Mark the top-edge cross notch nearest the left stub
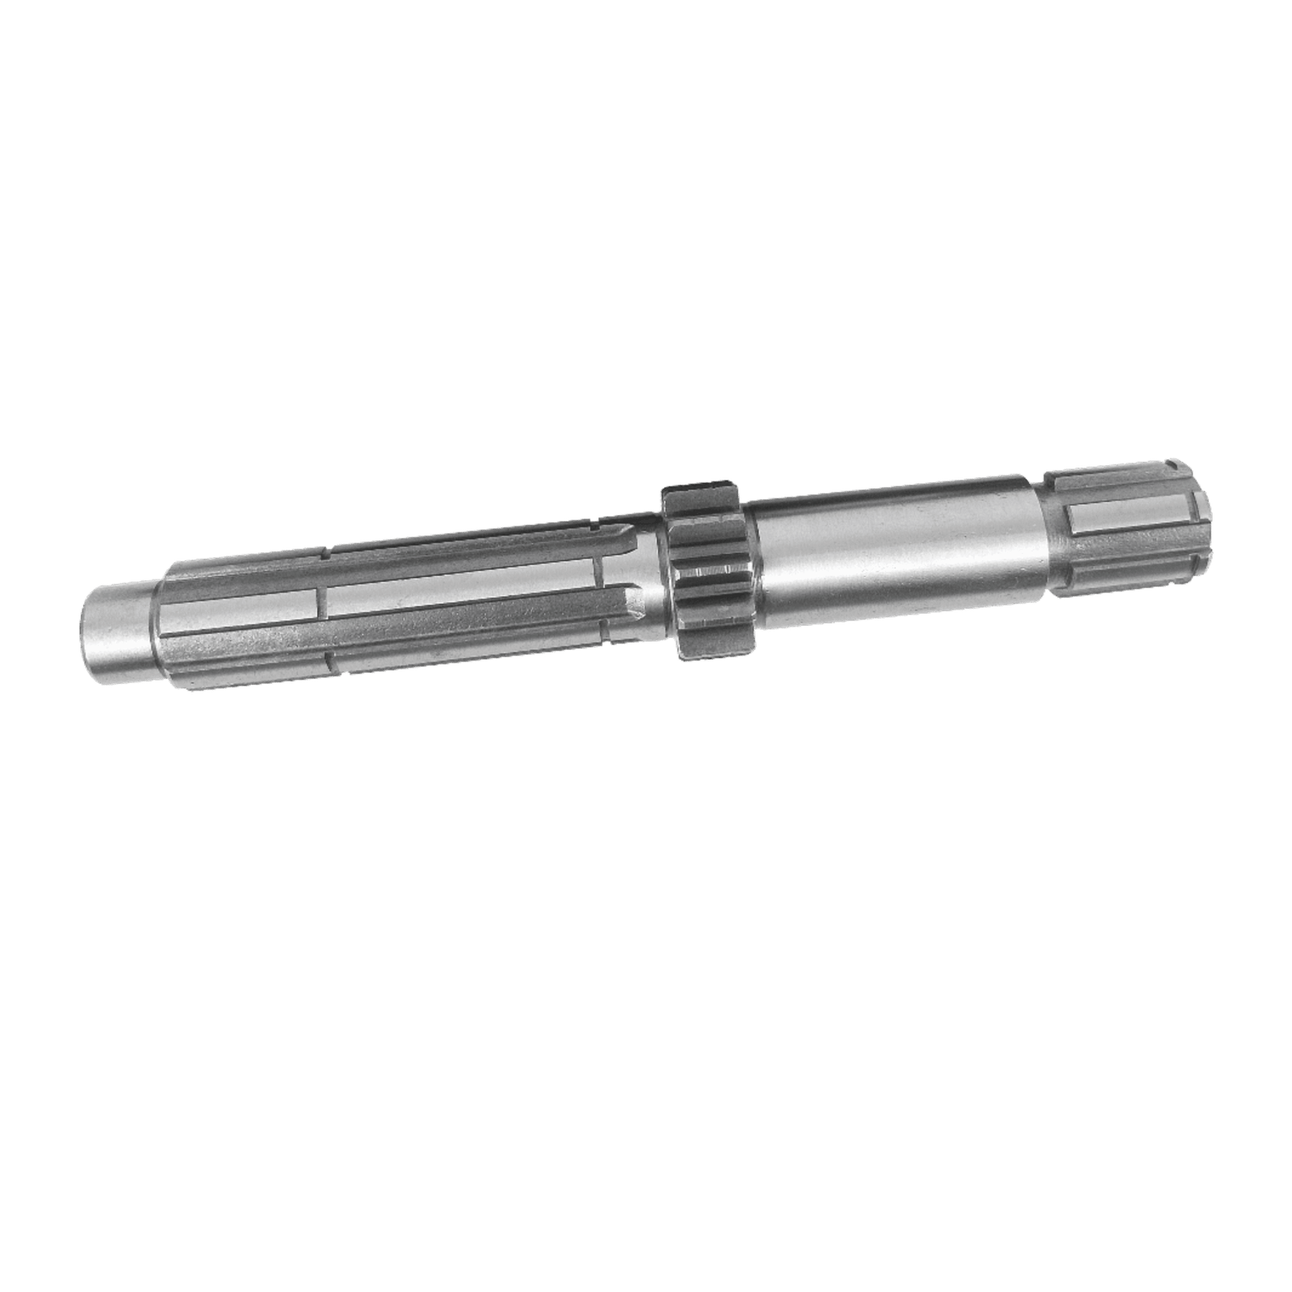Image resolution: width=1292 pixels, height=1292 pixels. tap(324, 555)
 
